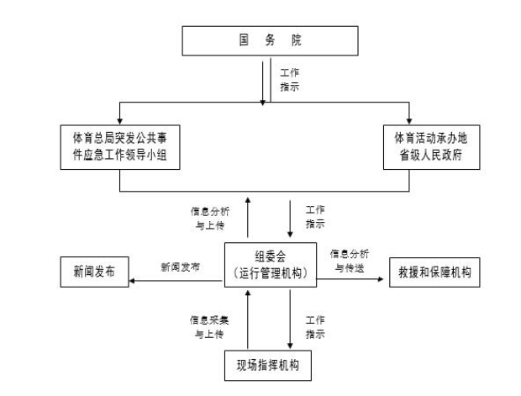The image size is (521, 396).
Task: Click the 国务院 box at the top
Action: point(266,40)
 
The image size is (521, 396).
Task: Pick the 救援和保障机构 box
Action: point(434,273)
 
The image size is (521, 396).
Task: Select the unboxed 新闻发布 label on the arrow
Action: point(180,266)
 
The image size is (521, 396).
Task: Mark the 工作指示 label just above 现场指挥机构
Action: point(314,326)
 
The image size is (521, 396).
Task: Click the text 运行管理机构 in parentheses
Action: point(269,272)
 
